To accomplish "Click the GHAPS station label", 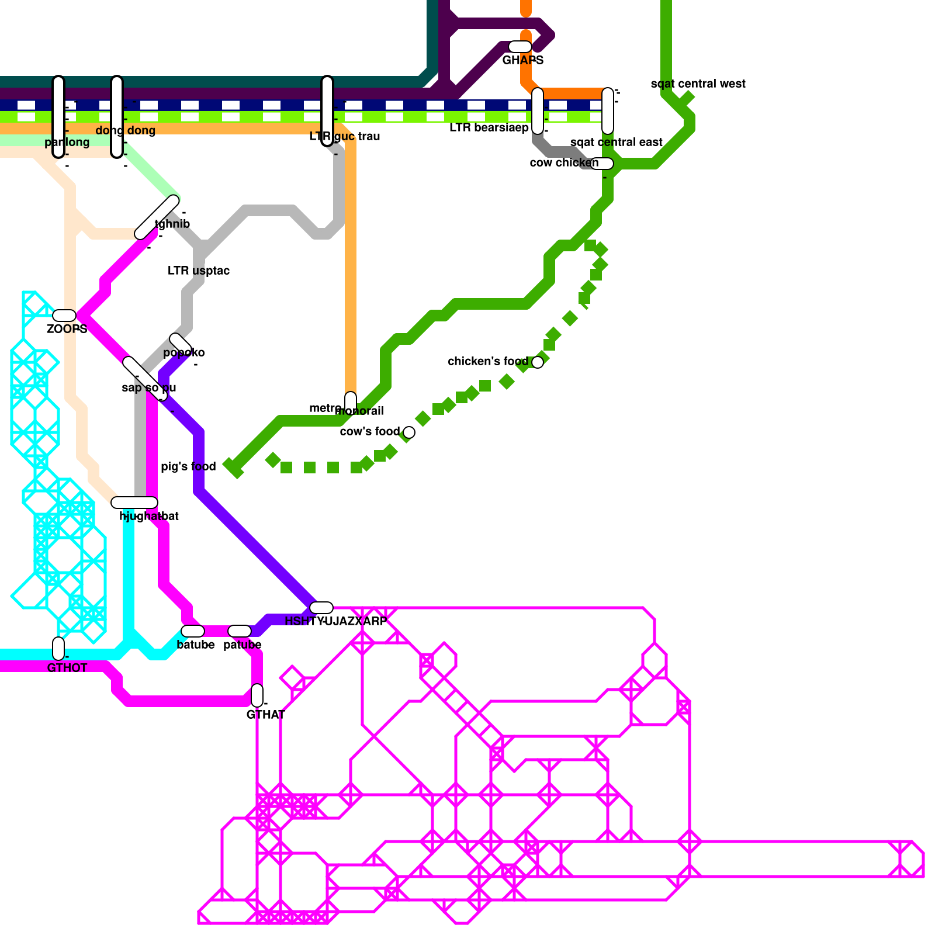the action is point(522,60).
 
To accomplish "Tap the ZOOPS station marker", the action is point(64,316).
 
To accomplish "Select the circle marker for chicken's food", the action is point(538,362).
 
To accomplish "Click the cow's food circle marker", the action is point(409,432).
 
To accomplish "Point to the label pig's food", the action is point(188,466).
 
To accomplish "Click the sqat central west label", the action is point(698,84).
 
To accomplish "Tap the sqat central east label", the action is point(616,142).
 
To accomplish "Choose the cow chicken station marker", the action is point(602,164).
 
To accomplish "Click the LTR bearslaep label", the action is point(489,127).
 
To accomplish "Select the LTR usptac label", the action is point(198,271).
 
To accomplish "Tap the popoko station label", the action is point(183,352).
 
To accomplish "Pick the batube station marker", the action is point(193,631).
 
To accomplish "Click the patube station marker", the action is point(240,631).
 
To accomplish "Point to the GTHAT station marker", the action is point(257,695).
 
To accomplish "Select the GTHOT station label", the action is point(67,668).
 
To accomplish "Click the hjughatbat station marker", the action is point(134,503).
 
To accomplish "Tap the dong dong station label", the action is point(125,130).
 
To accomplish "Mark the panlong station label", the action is point(67,142).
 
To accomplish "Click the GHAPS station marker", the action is point(520,47).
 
